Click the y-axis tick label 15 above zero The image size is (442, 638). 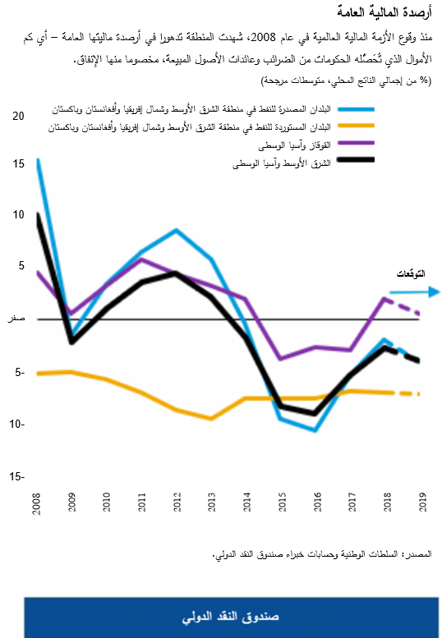point(19,163)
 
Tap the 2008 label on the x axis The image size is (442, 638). point(37,503)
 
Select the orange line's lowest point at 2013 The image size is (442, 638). point(212,418)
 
